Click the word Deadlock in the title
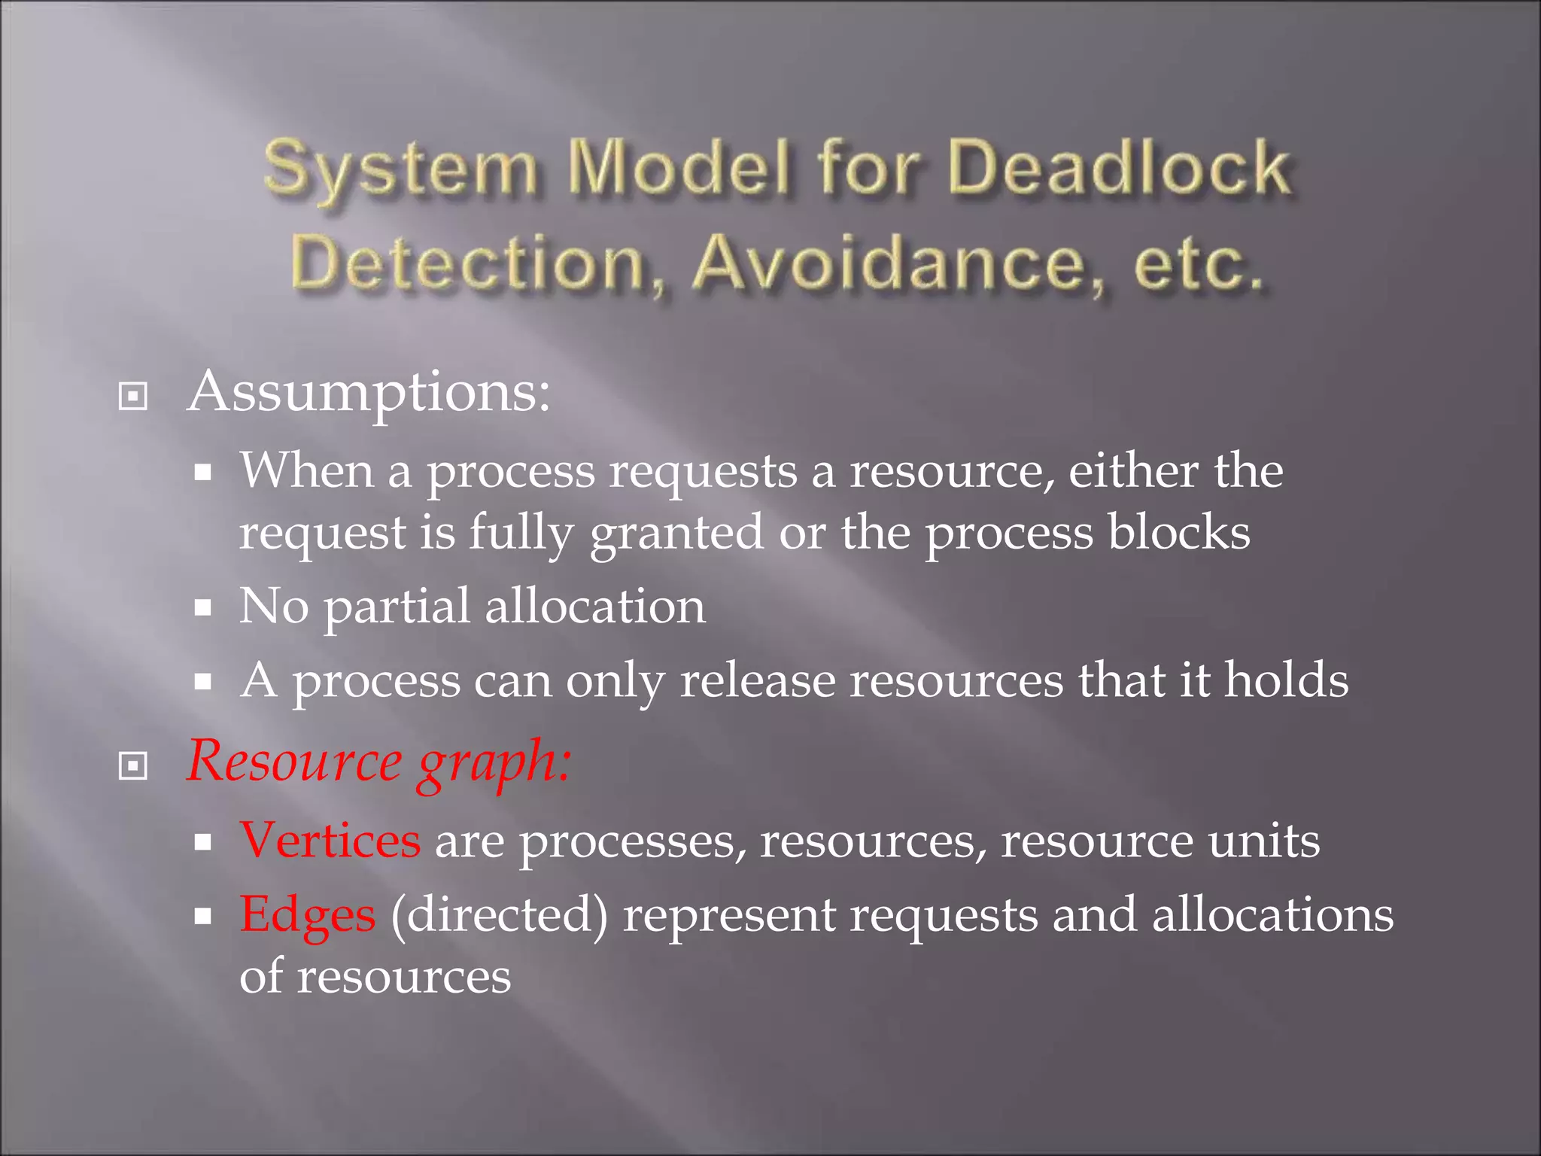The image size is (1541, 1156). pyautogui.click(x=1120, y=167)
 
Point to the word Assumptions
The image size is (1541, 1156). pyautogui.click(x=369, y=392)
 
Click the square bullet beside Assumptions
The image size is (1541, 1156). pyautogui.click(x=133, y=397)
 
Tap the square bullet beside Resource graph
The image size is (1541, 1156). pyautogui.click(x=133, y=766)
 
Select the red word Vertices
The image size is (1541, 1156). pyautogui.click(x=330, y=840)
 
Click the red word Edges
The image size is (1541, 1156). pyautogui.click(x=307, y=915)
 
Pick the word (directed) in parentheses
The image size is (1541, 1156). pyautogui.click(x=499, y=915)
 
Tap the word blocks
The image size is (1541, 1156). pyautogui.click(x=1178, y=532)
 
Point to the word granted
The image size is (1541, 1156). pyautogui.click(x=676, y=534)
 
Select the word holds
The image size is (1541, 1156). pyautogui.click(x=1286, y=680)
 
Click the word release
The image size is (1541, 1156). pyautogui.click(x=757, y=680)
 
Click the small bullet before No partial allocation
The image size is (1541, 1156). pyautogui.click(x=202, y=607)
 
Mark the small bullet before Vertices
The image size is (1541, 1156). pyautogui.click(x=202, y=842)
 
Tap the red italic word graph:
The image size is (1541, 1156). pyautogui.click(x=494, y=762)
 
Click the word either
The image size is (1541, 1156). pyautogui.click(x=1133, y=471)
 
